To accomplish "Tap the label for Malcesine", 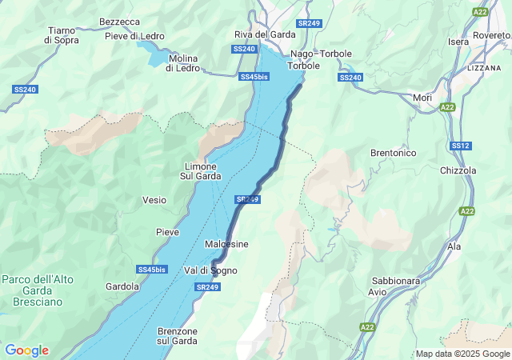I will [226, 244].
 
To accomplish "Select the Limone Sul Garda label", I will [199, 171].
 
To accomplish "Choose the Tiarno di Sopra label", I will [62, 34].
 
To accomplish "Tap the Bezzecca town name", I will [119, 22].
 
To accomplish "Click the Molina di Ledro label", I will [182, 62].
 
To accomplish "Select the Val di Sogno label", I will [210, 270].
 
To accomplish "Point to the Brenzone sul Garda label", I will [177, 336].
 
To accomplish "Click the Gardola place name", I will [122, 286].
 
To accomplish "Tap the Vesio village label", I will [154, 200].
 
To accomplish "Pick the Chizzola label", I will [458, 170].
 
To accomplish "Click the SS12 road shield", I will [460, 146].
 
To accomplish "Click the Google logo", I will [26, 350].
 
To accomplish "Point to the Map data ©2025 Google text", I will [462, 354].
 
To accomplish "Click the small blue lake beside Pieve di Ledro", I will [152, 52].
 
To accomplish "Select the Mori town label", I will [422, 98].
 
